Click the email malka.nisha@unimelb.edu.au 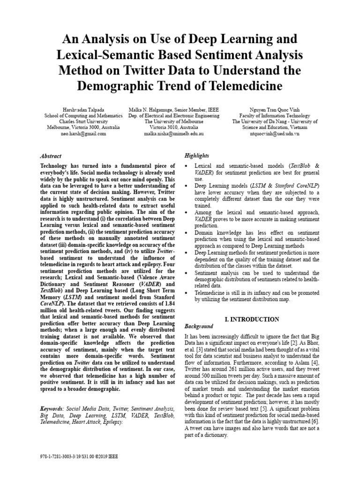(x=173, y=134)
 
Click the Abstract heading (x=51, y=156)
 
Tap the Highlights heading (x=197, y=156)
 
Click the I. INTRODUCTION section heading (x=252, y=320)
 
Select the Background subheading (x=199, y=326)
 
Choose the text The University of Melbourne (x=173, y=121)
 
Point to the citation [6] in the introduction (x=316, y=421)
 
